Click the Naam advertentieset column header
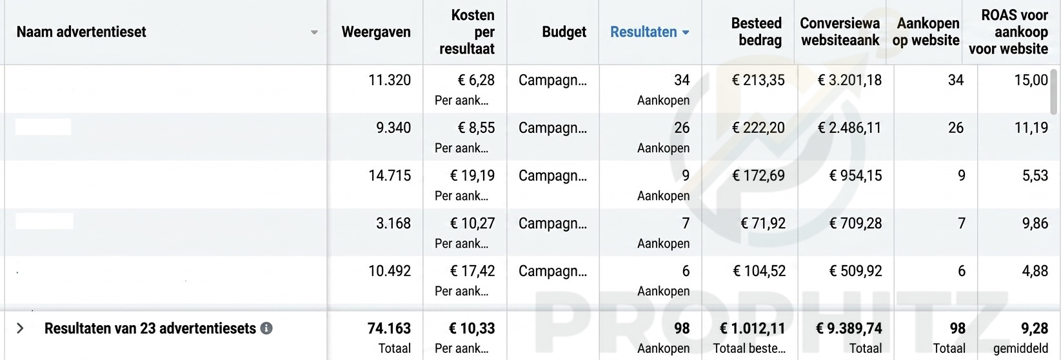click(81, 32)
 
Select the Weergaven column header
click(375, 32)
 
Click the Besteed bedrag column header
click(756, 32)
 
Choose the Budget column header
click(564, 32)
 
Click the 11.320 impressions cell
click(389, 80)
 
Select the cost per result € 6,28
click(476, 80)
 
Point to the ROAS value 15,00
click(1031, 80)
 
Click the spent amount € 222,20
click(758, 128)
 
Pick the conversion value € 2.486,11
click(849, 128)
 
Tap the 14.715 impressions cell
click(389, 175)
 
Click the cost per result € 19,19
click(472, 175)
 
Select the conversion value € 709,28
click(855, 223)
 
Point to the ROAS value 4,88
click(1035, 271)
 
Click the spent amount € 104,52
click(759, 271)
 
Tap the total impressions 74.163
click(389, 328)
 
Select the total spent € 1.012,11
click(752, 328)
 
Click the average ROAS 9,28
click(1035, 328)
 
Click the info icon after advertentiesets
click(266, 328)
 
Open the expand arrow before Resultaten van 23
click(20, 328)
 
